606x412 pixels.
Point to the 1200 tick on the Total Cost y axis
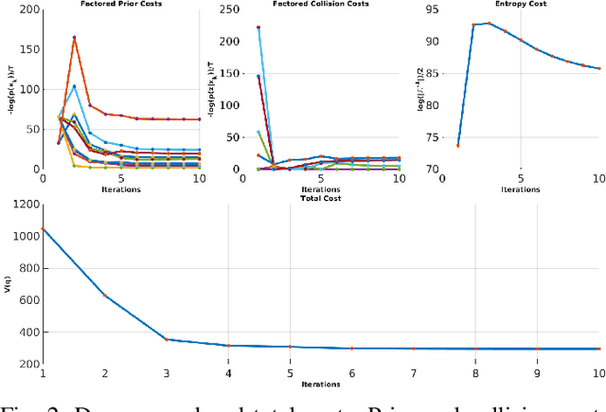(25, 204)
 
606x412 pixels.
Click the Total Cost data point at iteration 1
(43, 228)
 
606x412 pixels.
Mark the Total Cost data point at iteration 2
(105, 295)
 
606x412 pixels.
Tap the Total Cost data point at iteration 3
(167, 339)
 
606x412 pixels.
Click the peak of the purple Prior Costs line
(74, 38)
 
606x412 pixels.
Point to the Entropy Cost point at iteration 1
(456, 145)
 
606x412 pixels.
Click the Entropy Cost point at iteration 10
(597, 68)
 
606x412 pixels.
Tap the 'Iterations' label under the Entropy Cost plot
(521, 188)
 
